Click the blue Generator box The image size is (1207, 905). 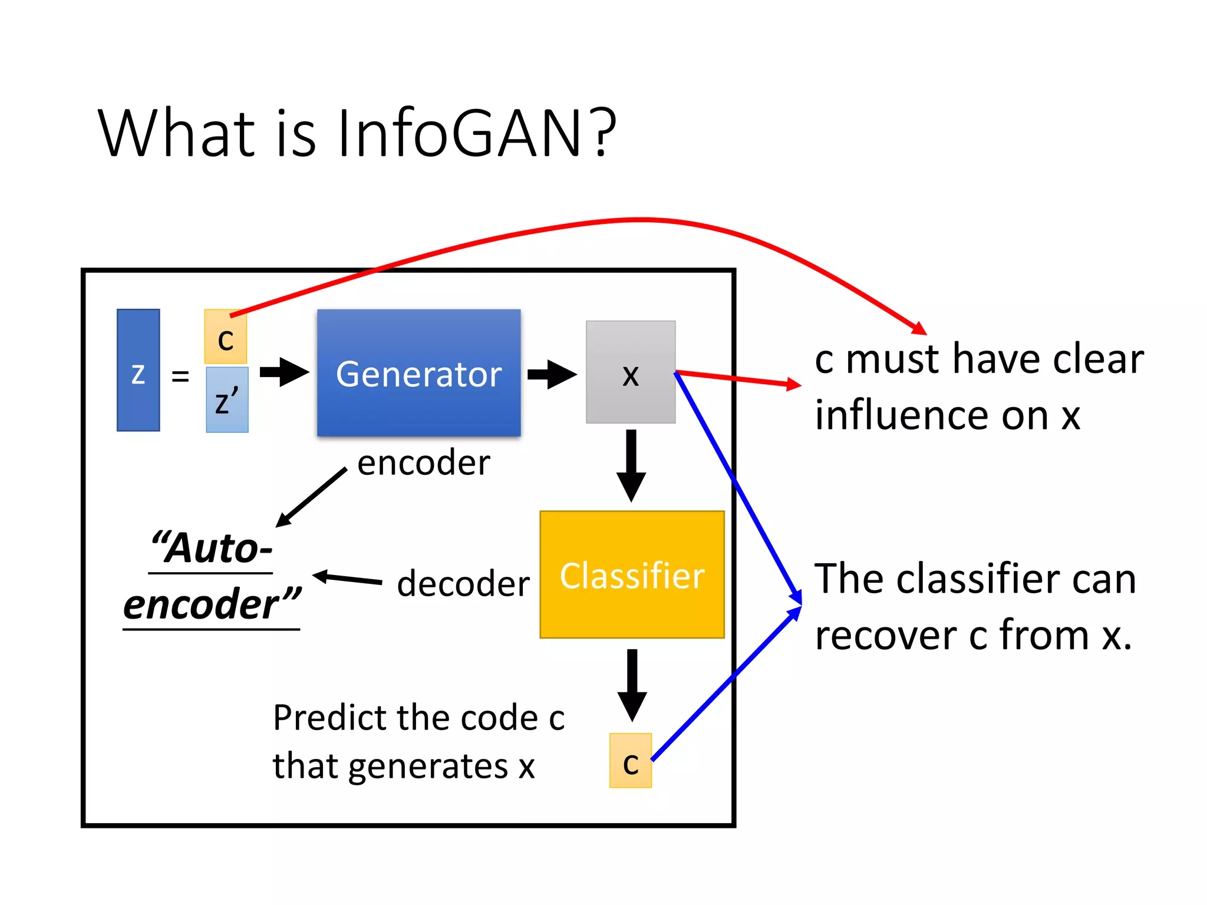418,373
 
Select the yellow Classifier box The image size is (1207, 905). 632,574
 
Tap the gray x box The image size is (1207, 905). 631,372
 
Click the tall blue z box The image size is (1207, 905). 138,371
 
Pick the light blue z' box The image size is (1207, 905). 227,400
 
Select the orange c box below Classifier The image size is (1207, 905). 631,761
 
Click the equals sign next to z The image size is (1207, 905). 180,376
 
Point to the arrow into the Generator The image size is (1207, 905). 284,372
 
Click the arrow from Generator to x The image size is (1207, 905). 552,374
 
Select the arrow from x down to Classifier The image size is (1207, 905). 631,465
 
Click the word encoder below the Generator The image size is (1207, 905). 423,463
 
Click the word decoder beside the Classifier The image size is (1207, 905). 463,584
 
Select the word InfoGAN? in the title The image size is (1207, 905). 476,134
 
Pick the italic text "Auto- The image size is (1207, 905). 212,549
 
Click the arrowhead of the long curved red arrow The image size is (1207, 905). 919,328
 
